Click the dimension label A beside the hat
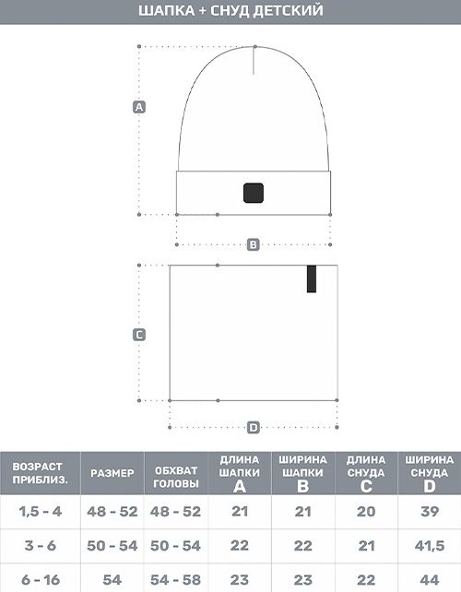point(139,107)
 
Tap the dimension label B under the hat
point(254,244)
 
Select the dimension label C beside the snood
point(139,335)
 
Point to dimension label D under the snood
point(254,427)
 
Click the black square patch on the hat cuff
point(254,193)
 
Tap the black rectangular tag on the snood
point(312,279)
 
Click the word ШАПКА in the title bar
point(166,11)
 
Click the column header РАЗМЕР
point(112,473)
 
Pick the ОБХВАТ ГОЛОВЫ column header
point(176,478)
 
